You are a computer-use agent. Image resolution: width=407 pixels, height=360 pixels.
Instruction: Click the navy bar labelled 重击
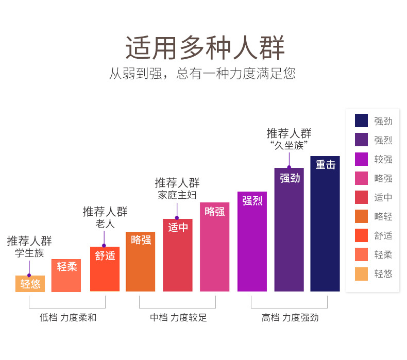[x=325, y=224]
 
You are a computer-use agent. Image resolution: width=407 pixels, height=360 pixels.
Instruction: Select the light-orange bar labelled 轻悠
[x=30, y=283]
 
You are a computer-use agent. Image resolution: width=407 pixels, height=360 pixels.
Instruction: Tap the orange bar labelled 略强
[x=141, y=261]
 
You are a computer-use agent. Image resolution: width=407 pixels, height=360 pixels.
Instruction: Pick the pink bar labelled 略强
[x=215, y=247]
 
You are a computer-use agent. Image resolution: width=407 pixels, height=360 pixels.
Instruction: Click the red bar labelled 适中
[x=178, y=255]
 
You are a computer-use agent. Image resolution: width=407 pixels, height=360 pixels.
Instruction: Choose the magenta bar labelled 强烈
[x=252, y=242]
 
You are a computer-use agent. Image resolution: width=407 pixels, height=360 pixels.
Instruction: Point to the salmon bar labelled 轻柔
[x=66, y=276]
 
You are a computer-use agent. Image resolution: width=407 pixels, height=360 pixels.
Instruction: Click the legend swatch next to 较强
[x=361, y=159]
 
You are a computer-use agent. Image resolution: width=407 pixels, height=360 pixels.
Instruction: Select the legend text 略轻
[x=383, y=216]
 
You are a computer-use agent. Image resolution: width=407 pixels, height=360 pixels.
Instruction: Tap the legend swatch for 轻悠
[x=361, y=274]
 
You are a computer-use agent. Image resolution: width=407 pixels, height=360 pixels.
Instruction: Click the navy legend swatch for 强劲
[x=361, y=121]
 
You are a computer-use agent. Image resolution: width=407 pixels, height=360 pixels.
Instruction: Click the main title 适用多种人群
[x=205, y=48]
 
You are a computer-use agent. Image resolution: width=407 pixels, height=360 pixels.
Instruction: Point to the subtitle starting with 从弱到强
[x=202, y=74]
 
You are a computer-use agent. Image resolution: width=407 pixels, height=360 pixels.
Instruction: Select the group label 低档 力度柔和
[x=68, y=317]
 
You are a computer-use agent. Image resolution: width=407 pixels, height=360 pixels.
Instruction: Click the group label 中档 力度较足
[x=179, y=317]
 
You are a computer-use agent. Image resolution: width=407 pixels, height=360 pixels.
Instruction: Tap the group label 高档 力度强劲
[x=290, y=317]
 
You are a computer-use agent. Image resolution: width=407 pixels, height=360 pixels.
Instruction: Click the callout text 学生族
[x=29, y=253]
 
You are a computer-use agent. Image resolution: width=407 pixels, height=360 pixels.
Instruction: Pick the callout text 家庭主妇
[x=177, y=195]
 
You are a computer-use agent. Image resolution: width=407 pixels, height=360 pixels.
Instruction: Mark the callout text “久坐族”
[x=289, y=145]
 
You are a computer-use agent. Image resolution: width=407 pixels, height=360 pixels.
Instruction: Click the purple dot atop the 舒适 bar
[x=104, y=246]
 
